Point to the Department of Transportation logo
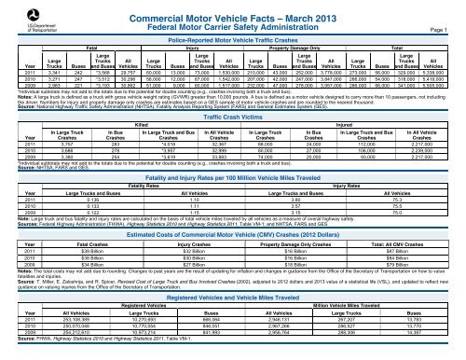coord(29,19)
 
